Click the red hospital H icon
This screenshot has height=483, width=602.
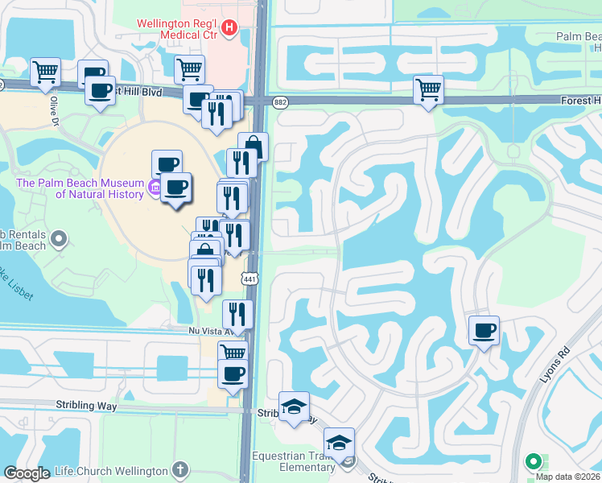pyautogui.click(x=229, y=29)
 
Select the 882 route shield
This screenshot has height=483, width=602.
pyautogui.click(x=280, y=101)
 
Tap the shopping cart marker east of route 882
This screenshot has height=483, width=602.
pyautogui.click(x=428, y=89)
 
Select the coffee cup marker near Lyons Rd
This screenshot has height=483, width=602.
pyautogui.click(x=484, y=330)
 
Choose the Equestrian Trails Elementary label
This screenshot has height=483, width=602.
pyautogui.click(x=296, y=461)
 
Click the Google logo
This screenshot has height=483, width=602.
pyautogui.click(x=27, y=473)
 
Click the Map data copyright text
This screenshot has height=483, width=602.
pyautogui.click(x=568, y=476)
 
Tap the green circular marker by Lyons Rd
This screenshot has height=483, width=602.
pyautogui.click(x=532, y=462)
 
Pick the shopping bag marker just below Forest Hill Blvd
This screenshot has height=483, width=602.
pyautogui.click(x=253, y=147)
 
